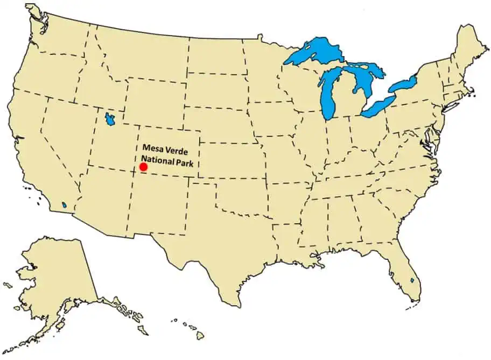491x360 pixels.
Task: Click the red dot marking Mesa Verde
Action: click(x=144, y=168)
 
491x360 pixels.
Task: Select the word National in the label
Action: click(x=158, y=159)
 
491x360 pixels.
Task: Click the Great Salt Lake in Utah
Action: click(x=110, y=119)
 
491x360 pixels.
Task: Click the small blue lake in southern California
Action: click(x=64, y=205)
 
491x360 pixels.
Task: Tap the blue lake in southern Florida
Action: click(x=412, y=280)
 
